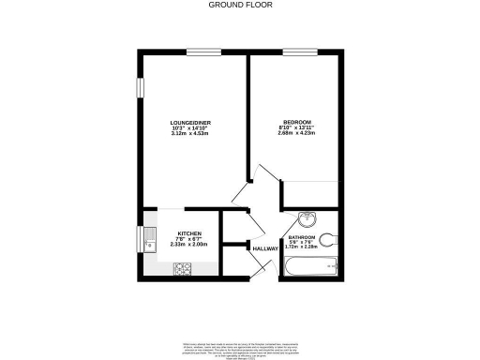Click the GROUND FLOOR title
pyautogui.click(x=239, y=5)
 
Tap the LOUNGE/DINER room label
pyautogui.click(x=188, y=123)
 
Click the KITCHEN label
pyautogui.click(x=188, y=233)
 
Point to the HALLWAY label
pyautogui.click(x=265, y=248)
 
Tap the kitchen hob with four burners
pyautogui.click(x=183, y=269)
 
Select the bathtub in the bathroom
pyautogui.click(x=312, y=267)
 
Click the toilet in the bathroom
pyautogui.click(x=327, y=236)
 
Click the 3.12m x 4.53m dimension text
pyautogui.click(x=188, y=134)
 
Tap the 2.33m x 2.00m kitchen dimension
pyautogui.click(x=188, y=245)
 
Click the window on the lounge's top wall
pyautogui.click(x=197, y=52)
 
